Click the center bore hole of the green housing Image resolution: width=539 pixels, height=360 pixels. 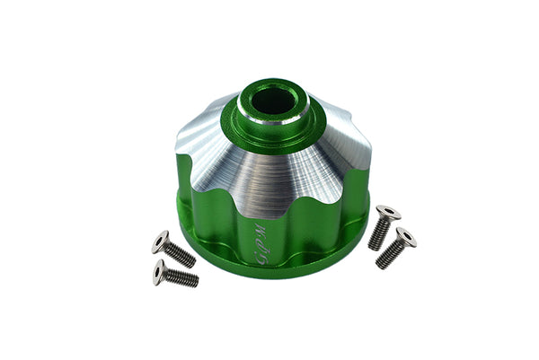(x=272, y=100)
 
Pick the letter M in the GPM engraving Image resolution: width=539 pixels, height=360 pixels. (x=261, y=227)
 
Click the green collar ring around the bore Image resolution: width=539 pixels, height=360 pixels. (x=272, y=121)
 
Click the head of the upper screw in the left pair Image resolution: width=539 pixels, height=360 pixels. (x=162, y=241)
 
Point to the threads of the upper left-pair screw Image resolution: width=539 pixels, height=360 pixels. (x=181, y=256)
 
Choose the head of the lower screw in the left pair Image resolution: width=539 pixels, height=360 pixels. (x=160, y=269)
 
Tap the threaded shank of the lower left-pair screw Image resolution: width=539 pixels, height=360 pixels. (x=181, y=278)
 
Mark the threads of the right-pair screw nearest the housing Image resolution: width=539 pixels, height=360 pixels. (x=379, y=235)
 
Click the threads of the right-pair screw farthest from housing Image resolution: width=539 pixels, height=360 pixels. (x=390, y=255)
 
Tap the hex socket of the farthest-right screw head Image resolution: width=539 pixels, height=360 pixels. (x=405, y=236)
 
